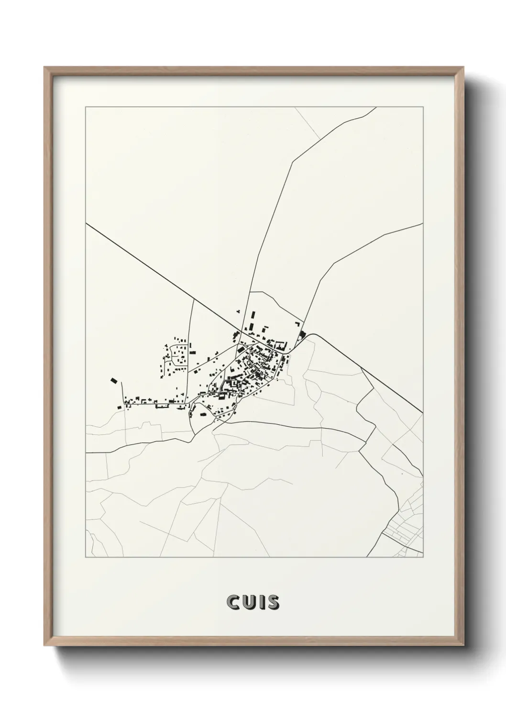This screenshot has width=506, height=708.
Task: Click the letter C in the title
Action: [x=232, y=602]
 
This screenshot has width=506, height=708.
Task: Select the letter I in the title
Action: [x=260, y=602]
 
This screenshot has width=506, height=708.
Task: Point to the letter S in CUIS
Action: [x=272, y=602]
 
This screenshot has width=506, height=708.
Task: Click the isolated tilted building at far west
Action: [x=113, y=380]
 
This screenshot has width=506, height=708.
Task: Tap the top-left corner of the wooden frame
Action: [x=45, y=67]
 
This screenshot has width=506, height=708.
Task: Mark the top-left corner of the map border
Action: [x=86, y=107]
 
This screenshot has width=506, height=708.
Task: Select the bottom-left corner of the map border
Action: [x=86, y=557]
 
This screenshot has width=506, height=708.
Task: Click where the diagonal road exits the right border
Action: [x=423, y=412]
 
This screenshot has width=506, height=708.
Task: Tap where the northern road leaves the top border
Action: [x=376, y=107]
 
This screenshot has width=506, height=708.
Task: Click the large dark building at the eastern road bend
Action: [x=303, y=333]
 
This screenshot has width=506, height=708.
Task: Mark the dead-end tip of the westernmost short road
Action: [x=121, y=382]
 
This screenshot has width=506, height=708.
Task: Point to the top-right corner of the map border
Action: [x=423, y=107]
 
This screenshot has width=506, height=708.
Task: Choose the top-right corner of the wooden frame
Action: [x=463, y=67]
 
